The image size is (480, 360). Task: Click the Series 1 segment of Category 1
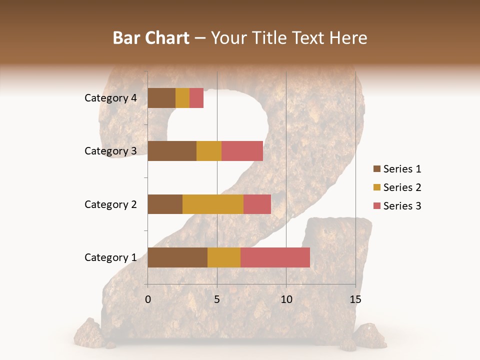(x=177, y=257)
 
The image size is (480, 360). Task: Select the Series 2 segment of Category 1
(x=224, y=257)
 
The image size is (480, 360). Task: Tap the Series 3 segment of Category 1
(x=275, y=257)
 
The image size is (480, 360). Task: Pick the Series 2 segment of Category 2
(x=213, y=204)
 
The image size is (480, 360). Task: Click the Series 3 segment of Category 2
(x=257, y=204)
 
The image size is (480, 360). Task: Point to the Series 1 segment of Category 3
(x=172, y=151)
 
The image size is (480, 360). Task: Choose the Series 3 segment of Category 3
(x=242, y=151)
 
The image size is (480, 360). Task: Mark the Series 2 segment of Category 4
(x=182, y=98)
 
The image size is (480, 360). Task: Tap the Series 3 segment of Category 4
(x=196, y=98)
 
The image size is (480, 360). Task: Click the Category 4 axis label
(x=110, y=98)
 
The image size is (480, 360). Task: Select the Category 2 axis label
(x=110, y=204)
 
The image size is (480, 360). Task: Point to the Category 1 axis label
(x=110, y=257)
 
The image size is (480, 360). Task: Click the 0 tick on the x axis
(x=148, y=299)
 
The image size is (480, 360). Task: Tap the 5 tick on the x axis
(x=217, y=299)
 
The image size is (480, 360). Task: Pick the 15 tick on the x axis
(x=355, y=299)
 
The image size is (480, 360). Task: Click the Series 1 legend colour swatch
(x=376, y=169)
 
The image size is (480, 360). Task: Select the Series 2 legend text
(x=402, y=187)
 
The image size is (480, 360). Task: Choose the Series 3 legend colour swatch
(x=376, y=206)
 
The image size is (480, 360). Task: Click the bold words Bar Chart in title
(x=151, y=37)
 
